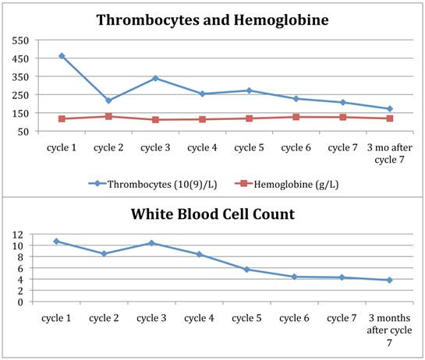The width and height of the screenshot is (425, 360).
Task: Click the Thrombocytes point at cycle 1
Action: [62, 56]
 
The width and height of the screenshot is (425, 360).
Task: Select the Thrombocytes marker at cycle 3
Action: [155, 78]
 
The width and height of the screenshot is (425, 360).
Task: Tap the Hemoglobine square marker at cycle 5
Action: [249, 118]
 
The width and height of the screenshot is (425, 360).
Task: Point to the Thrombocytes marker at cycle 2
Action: [108, 101]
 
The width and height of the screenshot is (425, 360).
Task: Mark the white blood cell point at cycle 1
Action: [56, 242]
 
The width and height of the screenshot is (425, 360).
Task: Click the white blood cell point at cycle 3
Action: [151, 243]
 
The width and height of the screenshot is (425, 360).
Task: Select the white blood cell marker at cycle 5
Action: [246, 270]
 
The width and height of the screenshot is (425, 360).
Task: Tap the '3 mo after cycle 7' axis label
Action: [389, 151]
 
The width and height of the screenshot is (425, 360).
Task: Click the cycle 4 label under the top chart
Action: [202, 146]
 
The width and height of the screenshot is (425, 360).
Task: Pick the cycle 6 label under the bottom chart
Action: [294, 317]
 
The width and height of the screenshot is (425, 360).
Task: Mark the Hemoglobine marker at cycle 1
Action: [62, 118]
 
